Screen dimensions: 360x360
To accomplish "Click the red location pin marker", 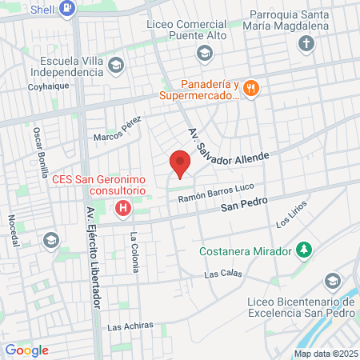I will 181,163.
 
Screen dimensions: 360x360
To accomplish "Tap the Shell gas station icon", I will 69,10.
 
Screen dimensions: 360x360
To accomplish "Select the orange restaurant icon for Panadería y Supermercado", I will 251,88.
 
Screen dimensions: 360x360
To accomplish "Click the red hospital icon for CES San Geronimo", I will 123,210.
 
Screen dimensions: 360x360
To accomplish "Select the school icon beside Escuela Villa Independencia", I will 115,64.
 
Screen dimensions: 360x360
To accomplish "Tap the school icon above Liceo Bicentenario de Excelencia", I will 333,282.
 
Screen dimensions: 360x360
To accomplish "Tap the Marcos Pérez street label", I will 117,130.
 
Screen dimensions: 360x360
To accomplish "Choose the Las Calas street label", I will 222,274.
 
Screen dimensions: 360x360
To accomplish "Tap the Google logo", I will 27,350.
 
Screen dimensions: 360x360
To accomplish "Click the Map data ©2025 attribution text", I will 326,354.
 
